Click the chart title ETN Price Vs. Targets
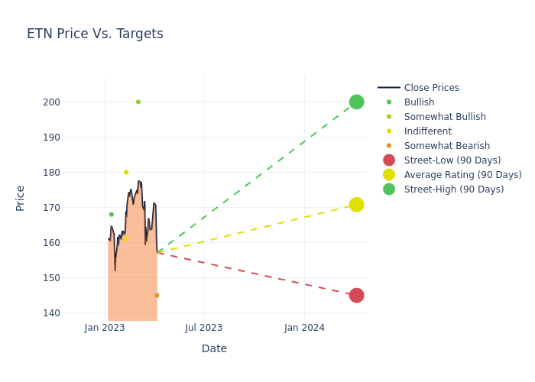point(95,34)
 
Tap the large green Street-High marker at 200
point(357,102)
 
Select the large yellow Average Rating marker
point(357,205)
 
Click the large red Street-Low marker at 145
point(357,296)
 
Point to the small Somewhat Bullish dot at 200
point(138,102)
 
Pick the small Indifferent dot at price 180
point(126,172)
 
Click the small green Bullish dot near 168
point(112,215)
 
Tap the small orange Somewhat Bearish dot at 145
point(157,296)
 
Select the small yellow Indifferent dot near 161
point(126,239)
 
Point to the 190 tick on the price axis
point(51,137)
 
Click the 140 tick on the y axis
point(51,312)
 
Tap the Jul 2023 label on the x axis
point(204,328)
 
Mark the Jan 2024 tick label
point(304,328)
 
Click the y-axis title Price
point(20,199)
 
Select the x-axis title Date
point(214,348)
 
